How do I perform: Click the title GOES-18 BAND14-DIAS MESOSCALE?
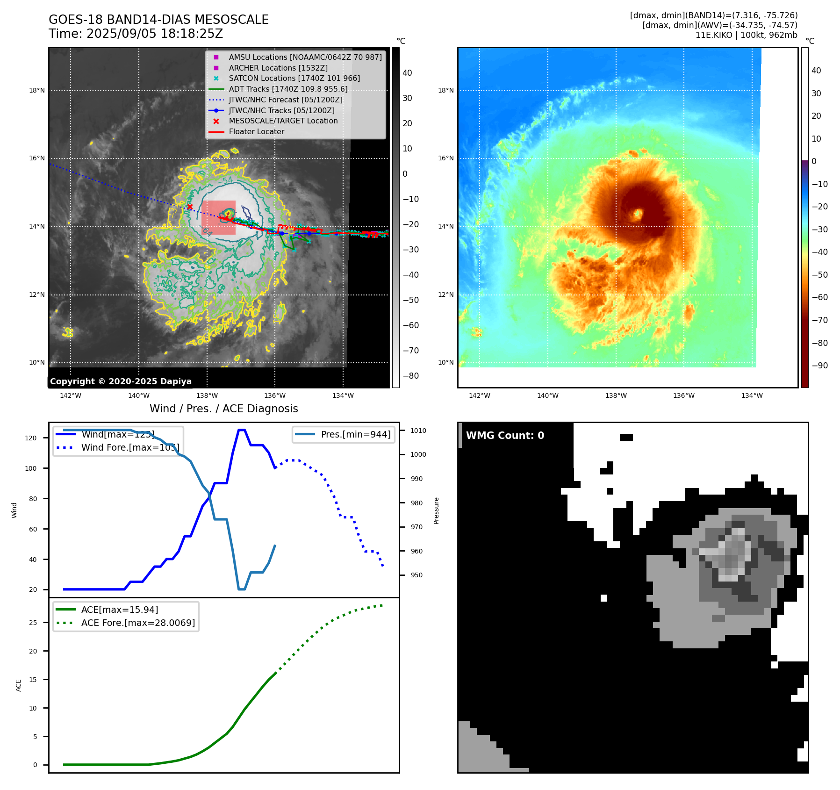(158, 20)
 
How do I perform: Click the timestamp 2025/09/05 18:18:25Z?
(155, 34)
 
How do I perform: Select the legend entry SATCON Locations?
(294, 79)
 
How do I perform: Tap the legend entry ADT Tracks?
(288, 89)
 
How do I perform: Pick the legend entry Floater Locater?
(256, 132)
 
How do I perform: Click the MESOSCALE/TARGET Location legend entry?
(283, 121)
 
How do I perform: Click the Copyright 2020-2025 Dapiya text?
(121, 381)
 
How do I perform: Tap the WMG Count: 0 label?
(505, 436)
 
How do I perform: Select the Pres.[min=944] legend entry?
(355, 434)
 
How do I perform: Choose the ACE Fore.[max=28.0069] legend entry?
(138, 623)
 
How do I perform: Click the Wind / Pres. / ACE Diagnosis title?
(223, 409)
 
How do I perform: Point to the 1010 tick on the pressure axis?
(418, 431)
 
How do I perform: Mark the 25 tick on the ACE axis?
(33, 623)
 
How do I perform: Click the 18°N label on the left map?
(37, 91)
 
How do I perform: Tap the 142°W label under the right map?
(480, 396)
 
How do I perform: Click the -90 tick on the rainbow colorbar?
(820, 366)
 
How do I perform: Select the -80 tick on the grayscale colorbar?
(411, 376)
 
